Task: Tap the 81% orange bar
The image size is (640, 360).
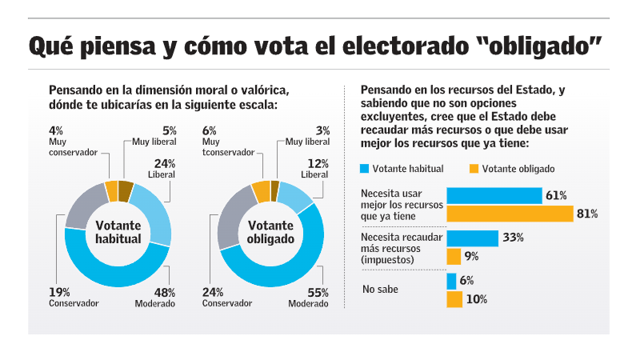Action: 510,214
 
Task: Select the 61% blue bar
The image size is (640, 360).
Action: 494,195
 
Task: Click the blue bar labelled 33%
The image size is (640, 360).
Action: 473,238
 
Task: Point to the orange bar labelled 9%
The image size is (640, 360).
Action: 453,256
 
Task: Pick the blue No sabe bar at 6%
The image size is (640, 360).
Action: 451,281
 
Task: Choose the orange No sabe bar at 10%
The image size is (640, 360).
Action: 454,299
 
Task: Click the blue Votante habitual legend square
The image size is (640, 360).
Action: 366,169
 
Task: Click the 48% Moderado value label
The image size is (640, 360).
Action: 164,292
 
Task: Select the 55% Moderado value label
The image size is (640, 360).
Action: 318,292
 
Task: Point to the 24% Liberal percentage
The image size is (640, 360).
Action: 165,163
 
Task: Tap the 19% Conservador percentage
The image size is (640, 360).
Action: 59,292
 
